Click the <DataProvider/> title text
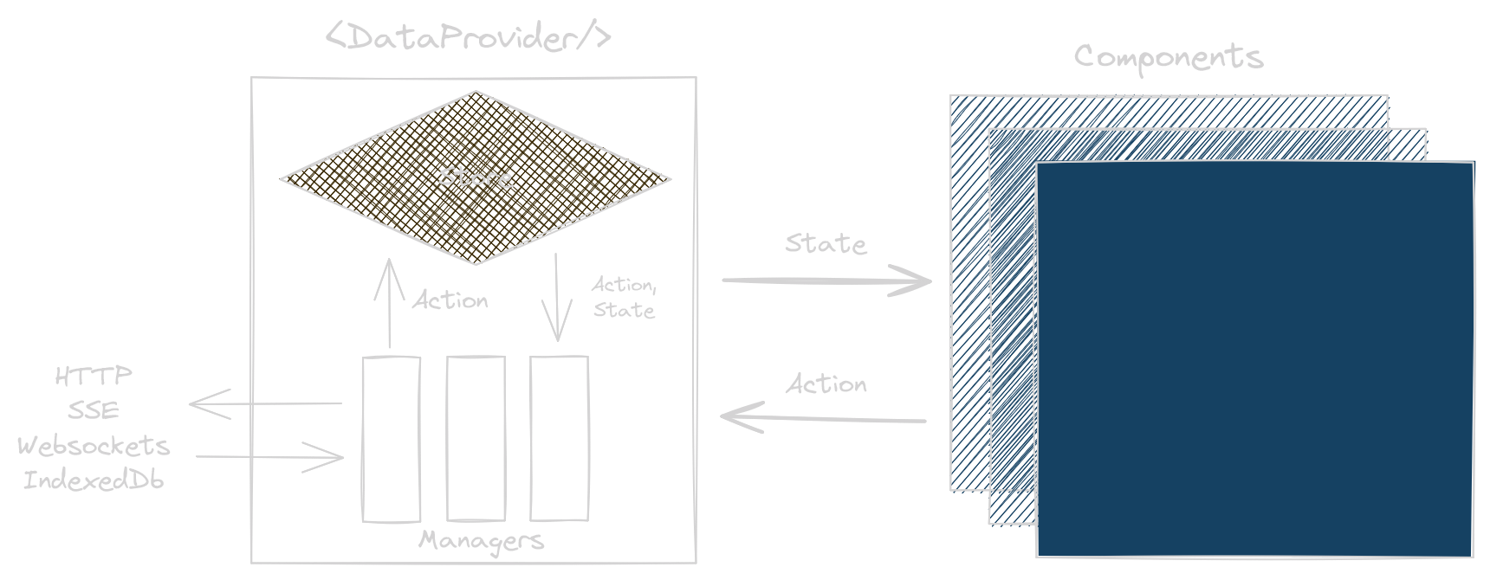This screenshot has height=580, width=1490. [469, 37]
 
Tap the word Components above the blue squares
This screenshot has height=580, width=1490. [1169, 58]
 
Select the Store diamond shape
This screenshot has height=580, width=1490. [476, 177]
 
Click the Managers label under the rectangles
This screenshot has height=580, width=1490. [482, 541]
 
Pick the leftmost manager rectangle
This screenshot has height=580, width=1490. [391, 439]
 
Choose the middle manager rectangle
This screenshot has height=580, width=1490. [476, 439]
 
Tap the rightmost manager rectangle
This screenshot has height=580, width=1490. [559, 439]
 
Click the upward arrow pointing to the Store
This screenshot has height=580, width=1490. [390, 303]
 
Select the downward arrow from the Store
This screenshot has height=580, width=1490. [556, 297]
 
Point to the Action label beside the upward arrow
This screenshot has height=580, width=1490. [450, 300]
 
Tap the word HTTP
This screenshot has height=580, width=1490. [94, 376]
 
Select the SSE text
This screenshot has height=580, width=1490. [94, 409]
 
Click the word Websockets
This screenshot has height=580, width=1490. [94, 446]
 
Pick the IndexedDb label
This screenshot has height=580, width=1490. [94, 480]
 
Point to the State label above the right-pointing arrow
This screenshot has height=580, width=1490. [826, 244]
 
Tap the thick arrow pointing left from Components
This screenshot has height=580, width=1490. [823, 418]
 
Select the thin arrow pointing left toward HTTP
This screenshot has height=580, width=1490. [265, 403]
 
